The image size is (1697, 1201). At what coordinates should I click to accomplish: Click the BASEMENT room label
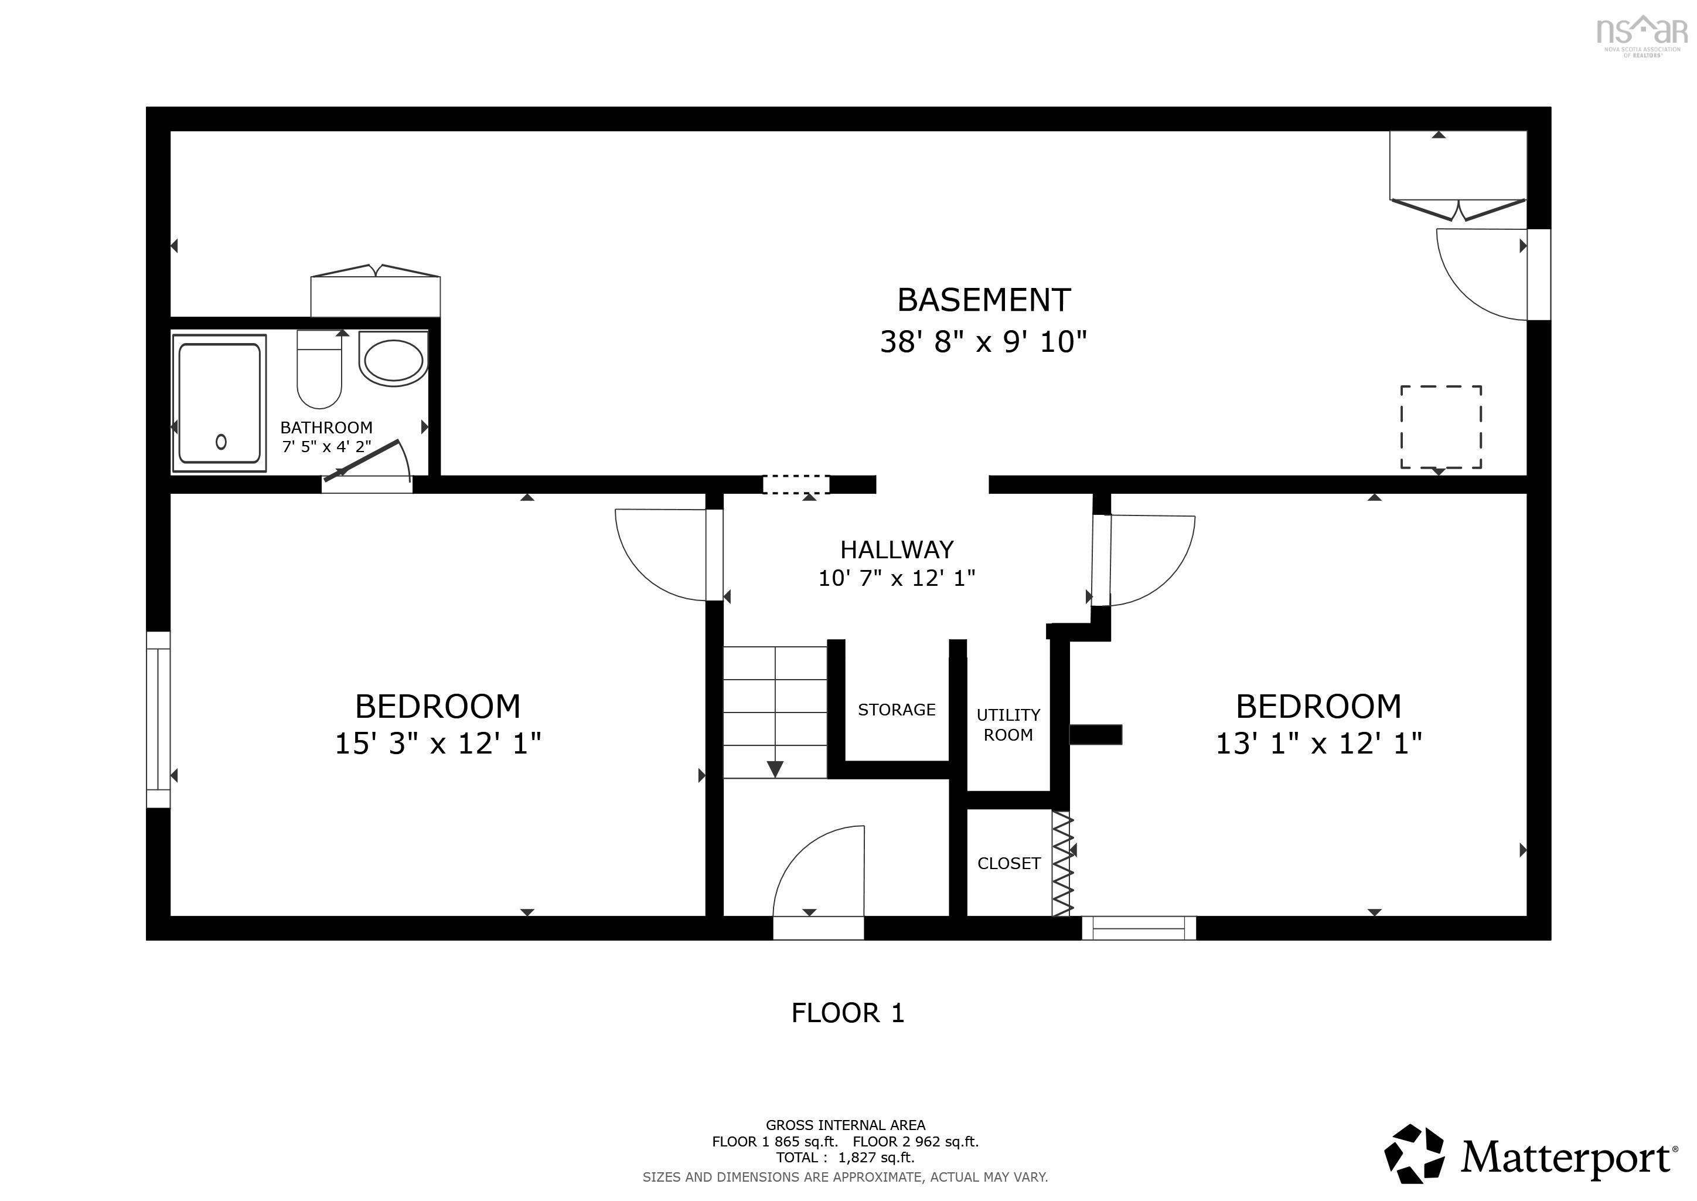983,300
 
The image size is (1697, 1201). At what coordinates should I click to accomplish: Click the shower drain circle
221,442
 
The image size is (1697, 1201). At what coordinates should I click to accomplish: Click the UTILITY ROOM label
1008,725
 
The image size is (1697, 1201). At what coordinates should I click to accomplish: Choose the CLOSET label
1009,864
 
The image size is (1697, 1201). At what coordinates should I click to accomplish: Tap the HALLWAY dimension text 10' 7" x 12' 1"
897,578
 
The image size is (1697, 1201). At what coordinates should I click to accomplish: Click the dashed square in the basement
1440,427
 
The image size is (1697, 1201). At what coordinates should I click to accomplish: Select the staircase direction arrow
775,769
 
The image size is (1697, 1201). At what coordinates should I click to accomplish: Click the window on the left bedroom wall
158,719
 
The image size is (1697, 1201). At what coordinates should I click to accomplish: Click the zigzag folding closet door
1062,864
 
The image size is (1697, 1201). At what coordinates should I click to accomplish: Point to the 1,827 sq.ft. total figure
876,1158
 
